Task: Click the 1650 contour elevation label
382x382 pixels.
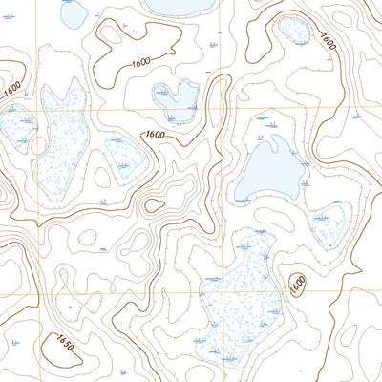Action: click(x=64, y=341)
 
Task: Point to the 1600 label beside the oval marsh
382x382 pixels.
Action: click(x=327, y=42)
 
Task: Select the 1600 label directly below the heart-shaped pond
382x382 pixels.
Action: click(x=157, y=135)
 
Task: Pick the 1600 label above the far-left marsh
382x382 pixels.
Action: click(x=11, y=87)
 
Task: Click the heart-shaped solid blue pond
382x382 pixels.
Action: click(x=173, y=96)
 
